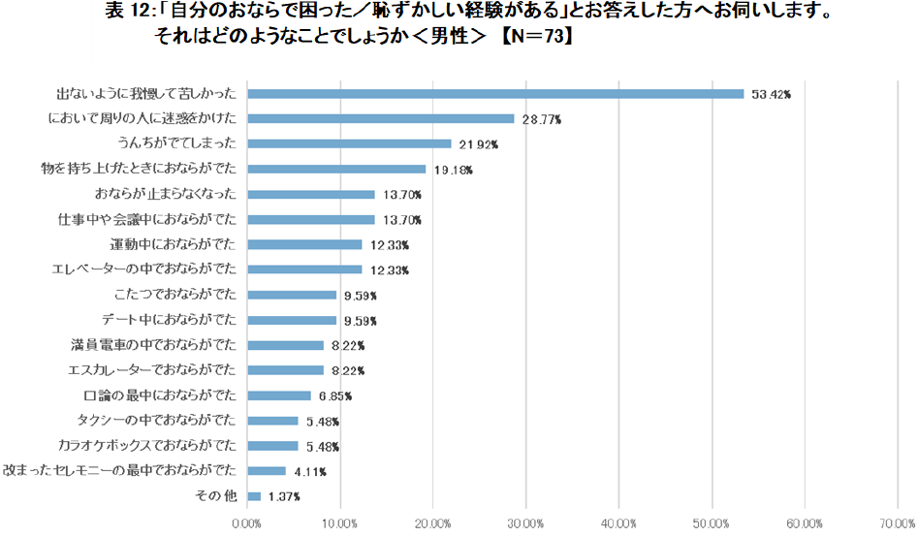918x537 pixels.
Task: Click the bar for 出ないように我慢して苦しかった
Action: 495,94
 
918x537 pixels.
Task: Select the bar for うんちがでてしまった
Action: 349,143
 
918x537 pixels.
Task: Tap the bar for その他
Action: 254,496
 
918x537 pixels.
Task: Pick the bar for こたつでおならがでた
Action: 292,295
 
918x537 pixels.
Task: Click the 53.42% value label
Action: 772,95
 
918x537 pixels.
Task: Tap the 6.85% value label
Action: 332,396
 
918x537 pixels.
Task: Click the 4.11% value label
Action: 307,472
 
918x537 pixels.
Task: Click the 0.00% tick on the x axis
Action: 247,523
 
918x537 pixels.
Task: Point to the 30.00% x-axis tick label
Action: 526,523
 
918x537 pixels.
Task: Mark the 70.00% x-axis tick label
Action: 898,523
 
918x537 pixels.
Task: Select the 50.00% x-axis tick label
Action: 712,523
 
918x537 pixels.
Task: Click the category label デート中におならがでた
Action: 169,320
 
